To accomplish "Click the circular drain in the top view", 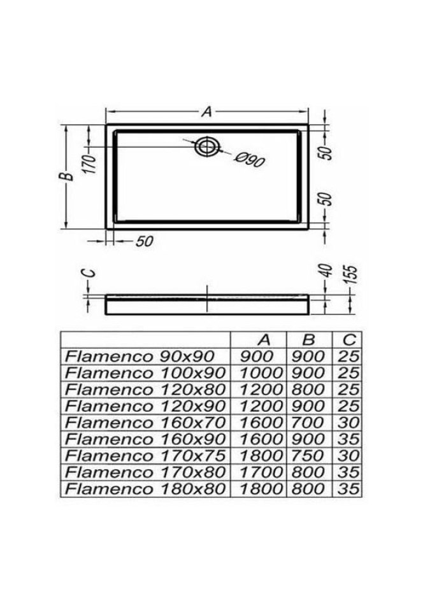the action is click(x=207, y=147).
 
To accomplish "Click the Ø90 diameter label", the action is click(x=250, y=159).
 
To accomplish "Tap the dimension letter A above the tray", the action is click(x=206, y=112).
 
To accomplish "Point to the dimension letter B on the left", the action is click(x=68, y=177).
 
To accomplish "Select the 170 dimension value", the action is click(x=90, y=164).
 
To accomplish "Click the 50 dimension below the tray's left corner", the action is click(x=145, y=242).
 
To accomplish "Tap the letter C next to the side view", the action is click(x=90, y=273).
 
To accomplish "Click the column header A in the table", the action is click(x=264, y=340).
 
